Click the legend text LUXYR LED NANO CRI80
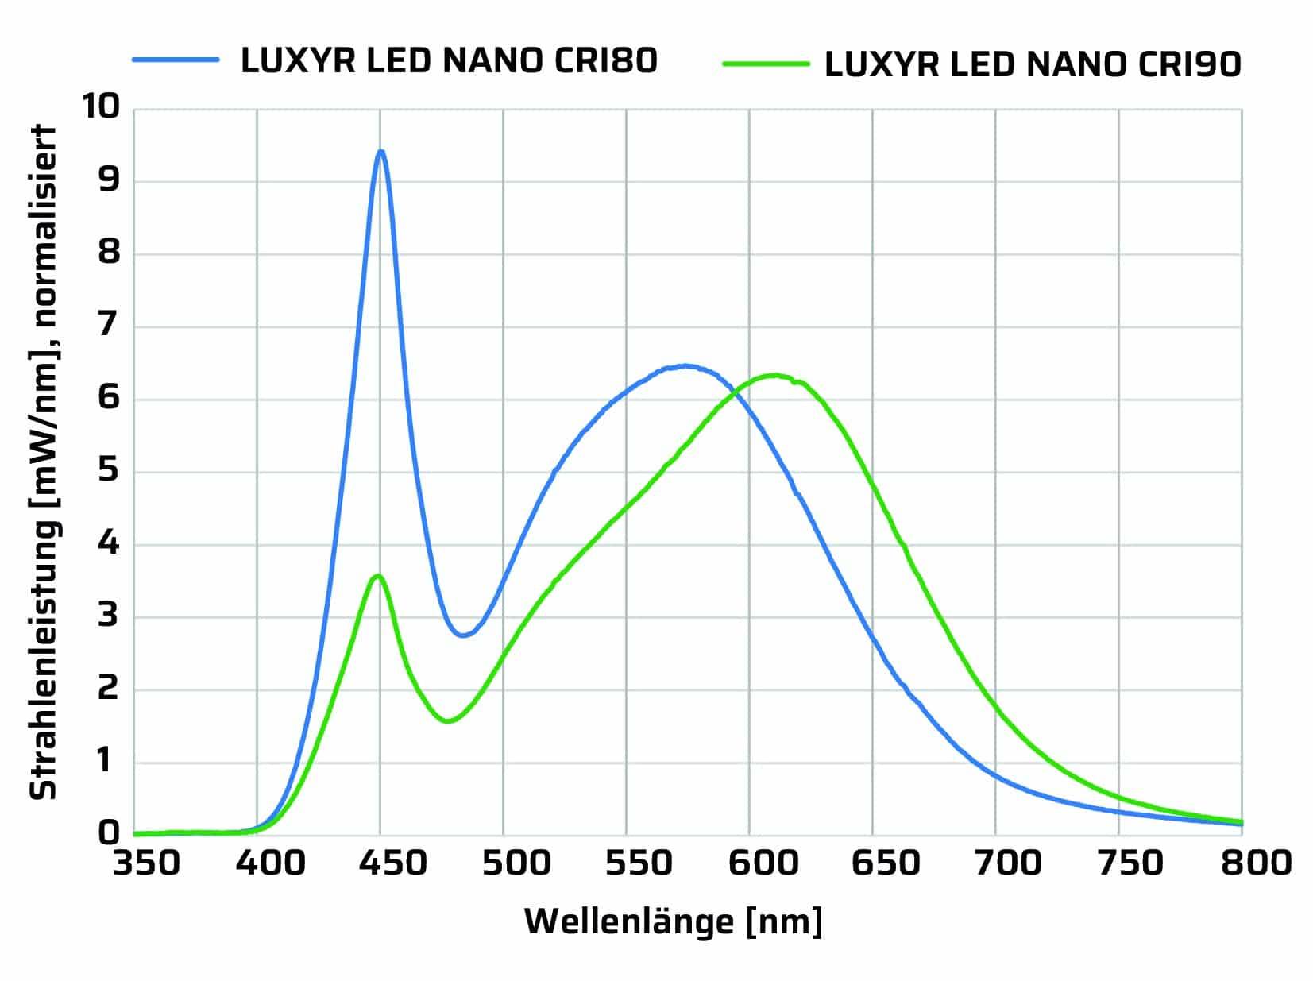click(x=449, y=60)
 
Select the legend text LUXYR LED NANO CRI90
click(x=1033, y=64)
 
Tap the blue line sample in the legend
click(x=175, y=59)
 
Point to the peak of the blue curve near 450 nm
click(x=381, y=151)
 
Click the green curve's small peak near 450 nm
click(x=378, y=575)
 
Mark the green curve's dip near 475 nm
click(x=447, y=720)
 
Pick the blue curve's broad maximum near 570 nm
click(x=685, y=366)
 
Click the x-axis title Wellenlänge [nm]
click(x=673, y=921)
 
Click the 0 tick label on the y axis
click(x=108, y=832)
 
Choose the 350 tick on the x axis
click(x=146, y=863)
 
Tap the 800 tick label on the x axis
click(x=1258, y=863)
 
